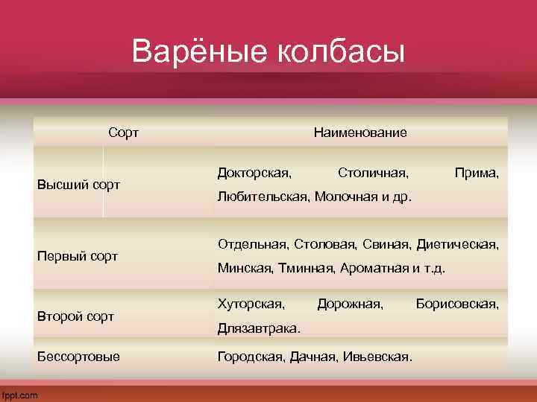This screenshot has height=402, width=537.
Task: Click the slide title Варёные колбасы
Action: (x=268, y=53)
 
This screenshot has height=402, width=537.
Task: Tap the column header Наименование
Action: (x=360, y=133)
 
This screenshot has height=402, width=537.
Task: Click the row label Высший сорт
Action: (x=79, y=184)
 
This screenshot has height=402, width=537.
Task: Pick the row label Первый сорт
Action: (x=78, y=256)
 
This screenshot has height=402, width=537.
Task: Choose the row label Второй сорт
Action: (x=75, y=316)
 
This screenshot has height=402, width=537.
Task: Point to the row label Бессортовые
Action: (x=78, y=357)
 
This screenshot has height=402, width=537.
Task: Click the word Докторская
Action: (x=254, y=173)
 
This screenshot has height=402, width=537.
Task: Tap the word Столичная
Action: (x=373, y=173)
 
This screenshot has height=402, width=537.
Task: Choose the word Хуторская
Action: (x=251, y=304)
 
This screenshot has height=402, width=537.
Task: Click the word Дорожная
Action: (x=351, y=304)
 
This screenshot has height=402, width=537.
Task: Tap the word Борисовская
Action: (x=457, y=304)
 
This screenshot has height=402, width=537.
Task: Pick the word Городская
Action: (x=251, y=357)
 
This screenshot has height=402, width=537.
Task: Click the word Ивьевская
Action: (x=377, y=357)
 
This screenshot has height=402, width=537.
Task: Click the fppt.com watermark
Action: (x=20, y=395)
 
